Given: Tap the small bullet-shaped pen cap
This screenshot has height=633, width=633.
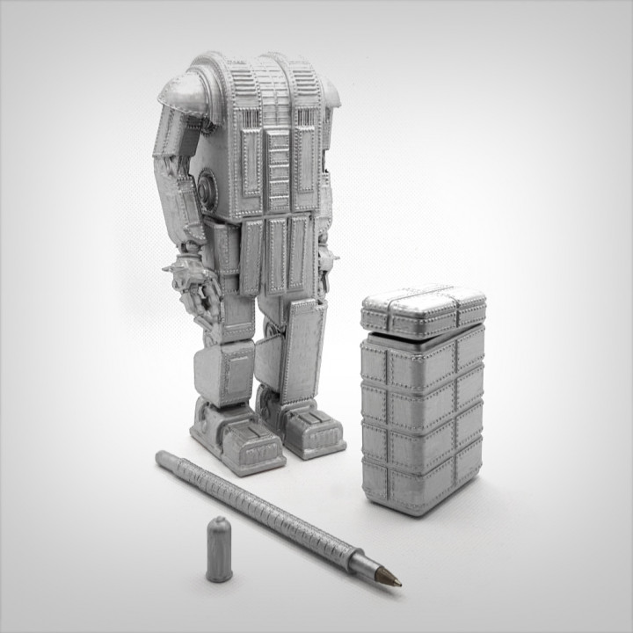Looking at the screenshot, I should (219, 549).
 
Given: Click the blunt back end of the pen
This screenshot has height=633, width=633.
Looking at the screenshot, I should (162, 457).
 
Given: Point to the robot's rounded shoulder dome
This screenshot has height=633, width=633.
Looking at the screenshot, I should (184, 93).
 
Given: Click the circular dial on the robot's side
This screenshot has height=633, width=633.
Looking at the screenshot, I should (208, 186).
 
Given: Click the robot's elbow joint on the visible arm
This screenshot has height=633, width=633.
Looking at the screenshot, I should (172, 154).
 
